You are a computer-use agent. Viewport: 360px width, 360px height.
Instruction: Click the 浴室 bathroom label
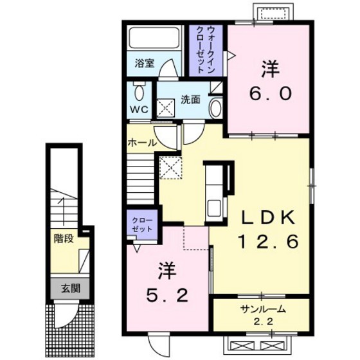tap(145, 63)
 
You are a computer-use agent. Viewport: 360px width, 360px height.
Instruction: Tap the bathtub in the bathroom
tap(154, 38)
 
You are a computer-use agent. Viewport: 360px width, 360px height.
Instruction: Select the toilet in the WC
tap(139, 91)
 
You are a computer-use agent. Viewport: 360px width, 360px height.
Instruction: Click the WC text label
tap(139, 110)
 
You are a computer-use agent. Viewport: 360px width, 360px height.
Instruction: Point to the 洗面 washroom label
tap(190, 100)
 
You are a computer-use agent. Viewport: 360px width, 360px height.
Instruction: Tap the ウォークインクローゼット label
tap(206, 50)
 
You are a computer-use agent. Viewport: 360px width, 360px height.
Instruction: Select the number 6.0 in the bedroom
tap(271, 93)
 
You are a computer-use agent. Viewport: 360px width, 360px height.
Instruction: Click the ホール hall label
tap(142, 143)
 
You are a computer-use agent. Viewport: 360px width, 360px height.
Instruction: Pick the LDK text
tap(267, 217)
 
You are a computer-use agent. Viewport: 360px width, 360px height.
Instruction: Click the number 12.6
tap(269, 241)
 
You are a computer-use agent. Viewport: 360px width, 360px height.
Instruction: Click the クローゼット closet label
tap(142, 224)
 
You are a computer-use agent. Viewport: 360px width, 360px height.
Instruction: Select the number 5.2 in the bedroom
tap(167, 296)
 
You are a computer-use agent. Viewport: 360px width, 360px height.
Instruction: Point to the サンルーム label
tap(263, 309)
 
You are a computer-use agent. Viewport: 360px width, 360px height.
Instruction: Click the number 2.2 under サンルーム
tap(264, 321)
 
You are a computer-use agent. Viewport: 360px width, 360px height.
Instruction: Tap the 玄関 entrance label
tap(71, 289)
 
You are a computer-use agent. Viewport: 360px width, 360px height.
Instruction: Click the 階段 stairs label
tap(64, 239)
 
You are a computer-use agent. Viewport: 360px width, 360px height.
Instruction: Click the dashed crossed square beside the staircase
tap(171, 168)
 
